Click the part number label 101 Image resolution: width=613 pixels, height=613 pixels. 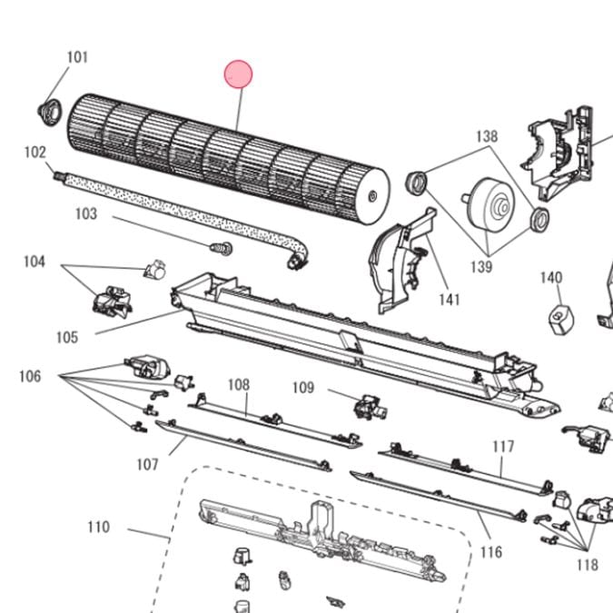pyautogui.click(x=77, y=57)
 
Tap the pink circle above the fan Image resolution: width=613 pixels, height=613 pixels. pyautogui.click(x=238, y=74)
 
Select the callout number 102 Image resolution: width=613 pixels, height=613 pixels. pyautogui.click(x=35, y=152)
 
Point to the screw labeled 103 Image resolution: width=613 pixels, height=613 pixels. pyautogui.click(x=222, y=248)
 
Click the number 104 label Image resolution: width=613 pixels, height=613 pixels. pyautogui.click(x=35, y=262)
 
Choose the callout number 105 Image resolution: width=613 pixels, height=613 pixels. pyautogui.click(x=67, y=337)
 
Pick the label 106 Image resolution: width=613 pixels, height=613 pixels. pyautogui.click(x=30, y=377)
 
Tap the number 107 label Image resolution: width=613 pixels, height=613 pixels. pyautogui.click(x=147, y=464)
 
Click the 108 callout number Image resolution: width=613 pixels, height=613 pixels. pyautogui.click(x=239, y=385)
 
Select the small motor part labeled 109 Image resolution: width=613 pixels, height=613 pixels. pyautogui.click(x=370, y=408)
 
